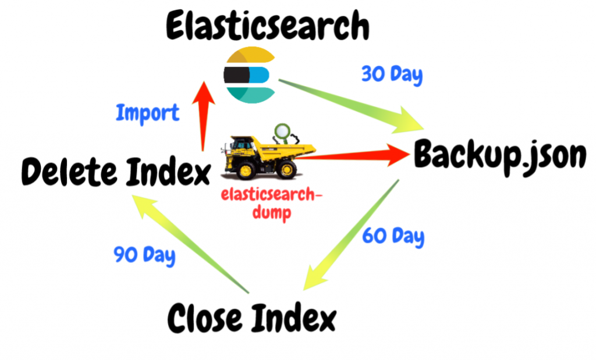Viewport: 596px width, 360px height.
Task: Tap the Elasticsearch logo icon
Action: [250, 76]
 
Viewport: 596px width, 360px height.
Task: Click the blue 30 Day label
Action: [392, 75]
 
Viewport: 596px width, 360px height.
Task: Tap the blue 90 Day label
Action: [144, 255]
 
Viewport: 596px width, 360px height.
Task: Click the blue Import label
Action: [147, 112]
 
